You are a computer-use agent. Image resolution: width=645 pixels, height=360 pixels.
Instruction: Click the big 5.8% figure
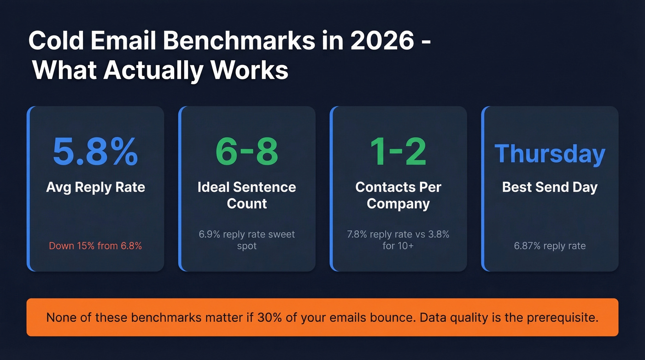pyautogui.click(x=95, y=151)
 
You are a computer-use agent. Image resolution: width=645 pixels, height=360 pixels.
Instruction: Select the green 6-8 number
pyautogui.click(x=246, y=151)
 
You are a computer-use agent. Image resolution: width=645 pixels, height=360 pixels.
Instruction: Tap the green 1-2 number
pyautogui.click(x=398, y=151)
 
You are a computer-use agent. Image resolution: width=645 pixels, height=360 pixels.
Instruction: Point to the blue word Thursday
pyautogui.click(x=550, y=154)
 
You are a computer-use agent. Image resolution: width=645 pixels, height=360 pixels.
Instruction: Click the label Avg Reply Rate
pyautogui.click(x=95, y=187)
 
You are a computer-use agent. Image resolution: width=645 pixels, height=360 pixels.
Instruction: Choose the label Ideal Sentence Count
pyautogui.click(x=246, y=195)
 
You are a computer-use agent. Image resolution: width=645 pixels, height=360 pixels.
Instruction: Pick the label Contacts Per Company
pyautogui.click(x=398, y=195)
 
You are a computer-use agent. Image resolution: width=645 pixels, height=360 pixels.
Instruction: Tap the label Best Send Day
pyautogui.click(x=550, y=187)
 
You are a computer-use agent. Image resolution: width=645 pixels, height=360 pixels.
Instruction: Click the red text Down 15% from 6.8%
pyautogui.click(x=95, y=246)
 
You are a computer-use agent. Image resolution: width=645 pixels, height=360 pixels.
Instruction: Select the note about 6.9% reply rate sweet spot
pyautogui.click(x=246, y=240)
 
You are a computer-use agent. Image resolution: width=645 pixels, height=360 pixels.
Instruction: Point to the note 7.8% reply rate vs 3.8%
pyautogui.click(x=398, y=235)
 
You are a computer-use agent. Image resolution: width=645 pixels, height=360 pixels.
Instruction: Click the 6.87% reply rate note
pyautogui.click(x=550, y=246)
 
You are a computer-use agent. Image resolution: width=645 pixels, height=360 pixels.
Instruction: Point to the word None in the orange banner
pyautogui.click(x=61, y=318)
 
